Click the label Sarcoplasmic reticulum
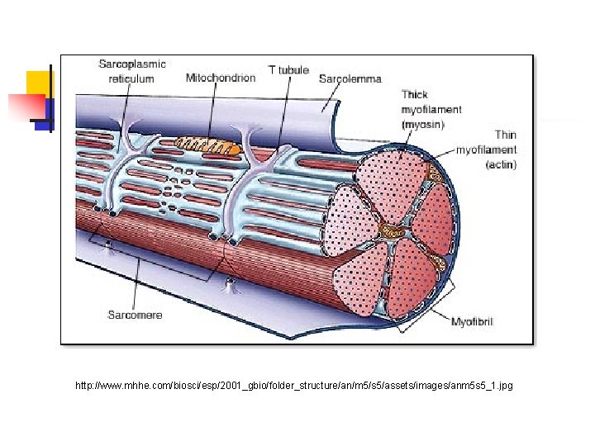tap(131, 71)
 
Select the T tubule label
tap(288, 70)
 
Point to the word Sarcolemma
tap(350, 78)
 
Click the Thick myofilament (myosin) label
tap(431, 110)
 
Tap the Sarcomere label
tap(135, 315)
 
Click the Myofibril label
tap(471, 321)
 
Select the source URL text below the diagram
tap(293, 385)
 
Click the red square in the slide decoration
tap(25, 107)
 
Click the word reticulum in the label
tap(131, 78)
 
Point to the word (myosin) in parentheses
tap(422, 124)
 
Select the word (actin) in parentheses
tap(501, 164)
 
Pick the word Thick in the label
tap(414, 95)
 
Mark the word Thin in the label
tap(505, 135)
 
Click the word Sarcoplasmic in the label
tap(132, 64)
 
